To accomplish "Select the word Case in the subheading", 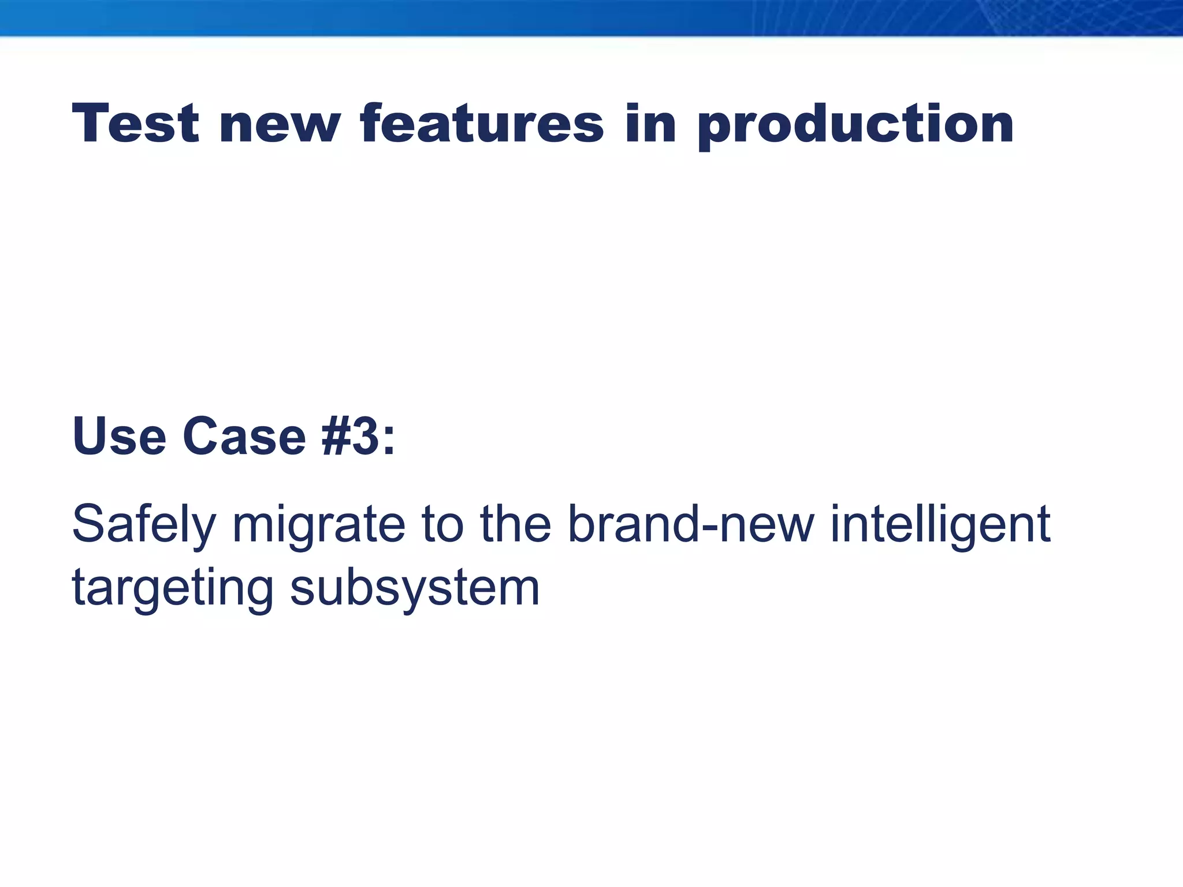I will pyautogui.click(x=244, y=437).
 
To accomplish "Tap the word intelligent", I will pyautogui.click(x=940, y=526).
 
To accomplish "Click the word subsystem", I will pyautogui.click(x=415, y=589).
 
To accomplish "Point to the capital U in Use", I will pyautogui.click(x=90, y=437).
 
